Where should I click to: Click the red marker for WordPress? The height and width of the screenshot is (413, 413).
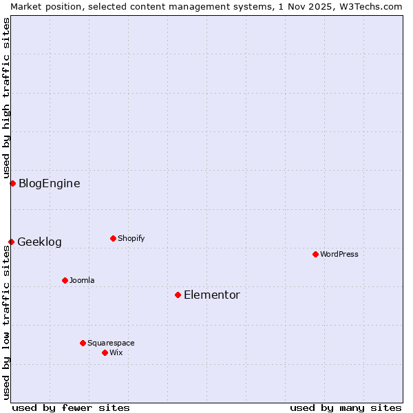point(315,254)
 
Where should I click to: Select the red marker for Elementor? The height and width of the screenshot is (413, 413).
point(178,295)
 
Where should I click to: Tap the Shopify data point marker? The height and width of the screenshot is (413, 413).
point(113,238)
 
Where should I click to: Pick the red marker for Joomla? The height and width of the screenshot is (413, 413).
point(65,280)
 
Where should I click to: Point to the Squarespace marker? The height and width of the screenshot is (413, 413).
point(83,343)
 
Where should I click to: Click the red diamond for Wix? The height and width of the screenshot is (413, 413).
point(105,352)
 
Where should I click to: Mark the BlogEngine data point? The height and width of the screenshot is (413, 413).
point(12,183)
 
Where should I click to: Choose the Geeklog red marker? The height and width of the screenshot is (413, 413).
point(11,242)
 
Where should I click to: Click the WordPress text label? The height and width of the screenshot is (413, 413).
point(339,254)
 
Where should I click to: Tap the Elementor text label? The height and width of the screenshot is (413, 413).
point(212,295)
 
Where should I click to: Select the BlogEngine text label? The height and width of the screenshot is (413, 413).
point(50,183)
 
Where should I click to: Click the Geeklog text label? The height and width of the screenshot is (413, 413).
point(40,242)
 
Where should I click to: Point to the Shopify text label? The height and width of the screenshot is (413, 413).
point(131,238)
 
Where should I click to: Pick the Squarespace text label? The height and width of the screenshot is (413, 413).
point(112,343)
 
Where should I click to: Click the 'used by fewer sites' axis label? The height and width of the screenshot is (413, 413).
point(71,407)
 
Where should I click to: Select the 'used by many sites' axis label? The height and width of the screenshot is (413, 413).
point(346,407)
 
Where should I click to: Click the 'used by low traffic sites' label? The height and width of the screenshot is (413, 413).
point(6,322)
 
